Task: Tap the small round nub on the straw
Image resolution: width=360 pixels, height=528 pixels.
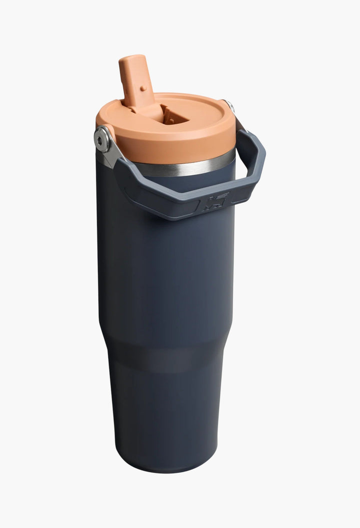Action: coord(141,88)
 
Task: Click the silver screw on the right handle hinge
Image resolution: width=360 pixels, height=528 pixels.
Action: coord(229,105)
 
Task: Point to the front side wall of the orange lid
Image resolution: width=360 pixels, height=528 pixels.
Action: coord(165,148)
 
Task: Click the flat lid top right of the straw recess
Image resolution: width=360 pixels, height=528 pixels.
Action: coord(205,113)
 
